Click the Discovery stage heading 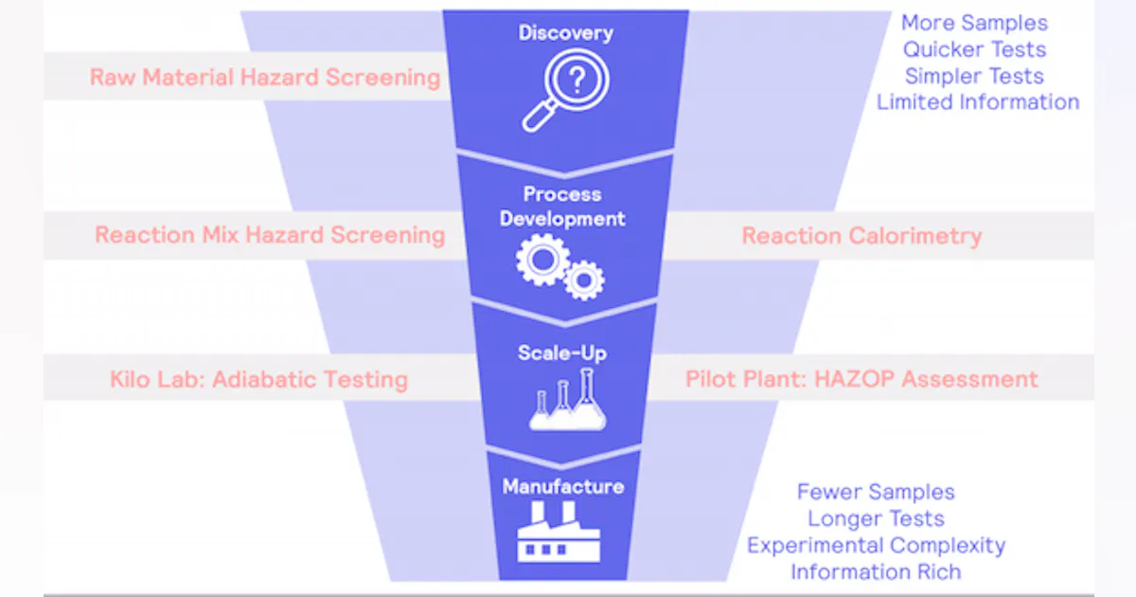click(x=565, y=33)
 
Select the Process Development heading click(x=562, y=207)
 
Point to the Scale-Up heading click(x=562, y=353)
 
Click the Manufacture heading click(x=562, y=487)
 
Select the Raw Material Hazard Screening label click(x=265, y=77)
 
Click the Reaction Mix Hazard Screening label click(x=270, y=235)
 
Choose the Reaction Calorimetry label click(x=861, y=236)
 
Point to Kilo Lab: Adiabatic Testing click(x=258, y=380)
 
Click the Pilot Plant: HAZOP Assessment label click(x=861, y=379)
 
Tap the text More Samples click(x=974, y=23)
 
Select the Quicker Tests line click(x=974, y=49)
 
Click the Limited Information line click(x=978, y=102)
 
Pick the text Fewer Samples click(x=876, y=492)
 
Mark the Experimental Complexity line click(x=876, y=546)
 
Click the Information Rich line click(x=876, y=572)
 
